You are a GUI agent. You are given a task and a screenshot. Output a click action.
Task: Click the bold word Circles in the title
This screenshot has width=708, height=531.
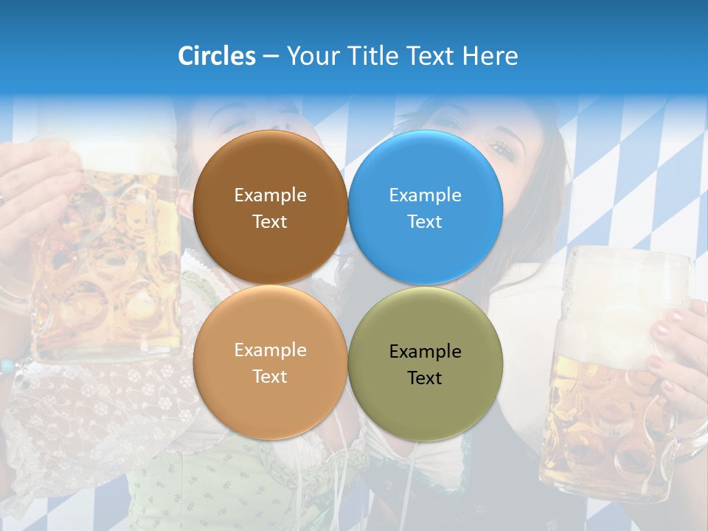click(x=216, y=56)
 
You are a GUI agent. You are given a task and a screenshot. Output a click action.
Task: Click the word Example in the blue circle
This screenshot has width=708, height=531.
click(x=426, y=195)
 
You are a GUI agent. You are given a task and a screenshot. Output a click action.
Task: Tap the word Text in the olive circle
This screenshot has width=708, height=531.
click(x=425, y=378)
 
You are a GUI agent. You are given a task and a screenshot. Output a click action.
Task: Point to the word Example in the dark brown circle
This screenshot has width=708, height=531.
click(x=270, y=195)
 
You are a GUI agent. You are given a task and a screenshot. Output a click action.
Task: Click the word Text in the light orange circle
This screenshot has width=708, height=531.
click(x=270, y=377)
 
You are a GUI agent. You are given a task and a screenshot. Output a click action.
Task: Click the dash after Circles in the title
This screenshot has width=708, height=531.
click(x=270, y=57)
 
